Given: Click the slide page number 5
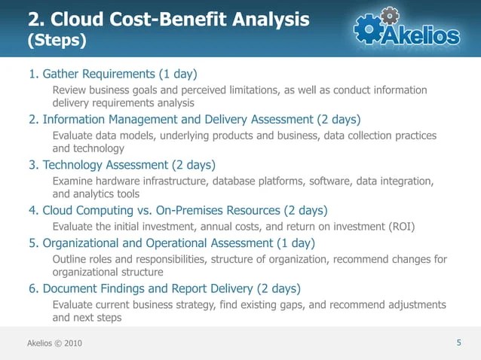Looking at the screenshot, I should click(458, 343).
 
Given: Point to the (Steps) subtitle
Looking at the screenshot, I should click(57, 40).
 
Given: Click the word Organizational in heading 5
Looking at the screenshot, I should click(81, 243).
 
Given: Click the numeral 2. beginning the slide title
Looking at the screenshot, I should click(37, 20).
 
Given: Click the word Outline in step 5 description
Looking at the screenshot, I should click(69, 260).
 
